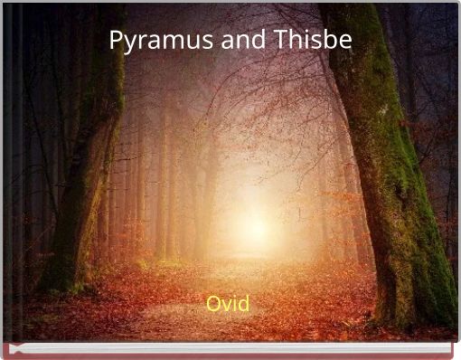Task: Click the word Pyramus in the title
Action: tap(152, 41)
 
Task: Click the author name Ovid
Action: tap(228, 303)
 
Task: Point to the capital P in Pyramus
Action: tap(116, 40)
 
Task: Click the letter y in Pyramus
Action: tap(128, 43)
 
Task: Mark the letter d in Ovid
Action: tap(243, 303)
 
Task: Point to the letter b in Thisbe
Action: tap(330, 40)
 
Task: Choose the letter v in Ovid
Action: tap(226, 305)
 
